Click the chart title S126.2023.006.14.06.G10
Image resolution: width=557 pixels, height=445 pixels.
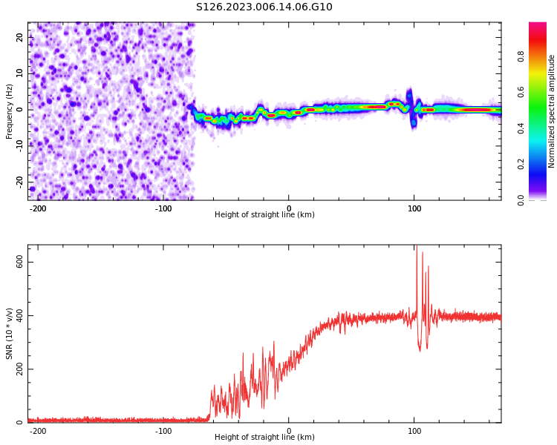point(264,7)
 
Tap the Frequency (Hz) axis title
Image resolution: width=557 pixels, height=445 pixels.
point(10,111)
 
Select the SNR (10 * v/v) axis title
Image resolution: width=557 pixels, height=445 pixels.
point(10,333)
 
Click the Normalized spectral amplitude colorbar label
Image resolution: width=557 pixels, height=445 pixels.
point(552,111)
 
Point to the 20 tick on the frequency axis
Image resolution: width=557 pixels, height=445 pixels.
point(20,37)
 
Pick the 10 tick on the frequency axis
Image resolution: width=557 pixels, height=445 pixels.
point(20,73)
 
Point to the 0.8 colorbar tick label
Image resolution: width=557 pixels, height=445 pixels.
point(541,55)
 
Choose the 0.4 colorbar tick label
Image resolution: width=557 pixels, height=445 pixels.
point(541,128)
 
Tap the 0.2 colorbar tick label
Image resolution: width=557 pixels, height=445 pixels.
point(541,164)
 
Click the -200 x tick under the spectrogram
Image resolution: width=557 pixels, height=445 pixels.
point(38,207)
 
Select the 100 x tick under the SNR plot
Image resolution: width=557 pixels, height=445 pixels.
point(414,429)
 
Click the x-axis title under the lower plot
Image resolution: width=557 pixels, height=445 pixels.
point(264,438)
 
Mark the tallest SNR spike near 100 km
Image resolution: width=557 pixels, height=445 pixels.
point(417,247)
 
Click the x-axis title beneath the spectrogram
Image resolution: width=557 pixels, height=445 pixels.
point(264,215)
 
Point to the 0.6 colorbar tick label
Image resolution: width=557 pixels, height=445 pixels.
point(541,91)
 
